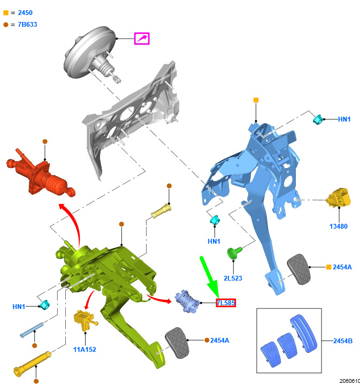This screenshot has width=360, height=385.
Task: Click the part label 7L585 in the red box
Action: pos(226,303)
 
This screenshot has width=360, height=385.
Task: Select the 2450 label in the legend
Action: pos(25,13)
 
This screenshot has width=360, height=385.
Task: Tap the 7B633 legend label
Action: pos(27,25)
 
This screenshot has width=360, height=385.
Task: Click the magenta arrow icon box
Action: pos(142,39)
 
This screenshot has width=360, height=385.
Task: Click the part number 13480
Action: pos(339,226)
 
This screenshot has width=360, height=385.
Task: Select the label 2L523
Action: pos(233,278)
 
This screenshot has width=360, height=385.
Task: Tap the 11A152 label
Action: pos(85,350)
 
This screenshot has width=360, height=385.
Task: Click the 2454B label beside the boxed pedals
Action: pos(343,341)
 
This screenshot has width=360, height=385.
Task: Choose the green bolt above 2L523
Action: pos(234,253)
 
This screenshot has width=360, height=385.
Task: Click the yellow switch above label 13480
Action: pos(339,198)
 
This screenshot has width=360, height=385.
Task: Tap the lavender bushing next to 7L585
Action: pos(187,301)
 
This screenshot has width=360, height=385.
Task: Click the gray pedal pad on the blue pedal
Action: pos(298,269)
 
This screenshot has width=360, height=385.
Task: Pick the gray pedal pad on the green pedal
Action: pos(177,343)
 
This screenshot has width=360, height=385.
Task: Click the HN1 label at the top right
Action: pos(344,119)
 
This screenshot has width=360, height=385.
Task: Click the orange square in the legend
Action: pos(6,13)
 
